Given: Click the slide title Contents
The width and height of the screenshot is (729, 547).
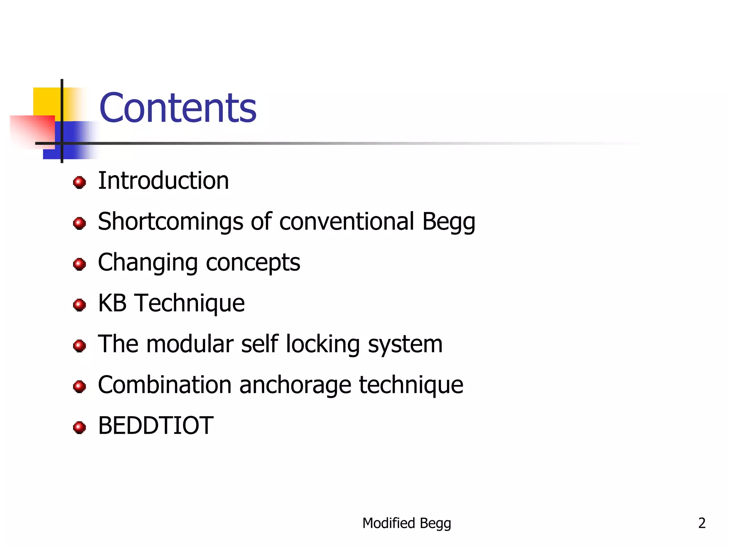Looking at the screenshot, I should pos(178,108).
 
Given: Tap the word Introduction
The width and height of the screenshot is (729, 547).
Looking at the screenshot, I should pos(163,181).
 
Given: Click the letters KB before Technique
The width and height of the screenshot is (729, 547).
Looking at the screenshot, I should pos(112,303).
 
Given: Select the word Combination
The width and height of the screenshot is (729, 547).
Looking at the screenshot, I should pos(164,385).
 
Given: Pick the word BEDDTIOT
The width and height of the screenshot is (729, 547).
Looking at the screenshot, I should pos(156,426).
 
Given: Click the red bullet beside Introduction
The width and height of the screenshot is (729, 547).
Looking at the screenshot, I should pos(79,182).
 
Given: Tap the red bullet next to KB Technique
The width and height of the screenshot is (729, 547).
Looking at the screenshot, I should pos(79,305).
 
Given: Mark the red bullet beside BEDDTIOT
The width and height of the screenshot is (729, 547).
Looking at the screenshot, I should pos(79,427).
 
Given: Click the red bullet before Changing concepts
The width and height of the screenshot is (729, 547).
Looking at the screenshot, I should pos(79,264).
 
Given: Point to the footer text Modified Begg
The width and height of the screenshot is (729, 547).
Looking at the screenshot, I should pos(407,523).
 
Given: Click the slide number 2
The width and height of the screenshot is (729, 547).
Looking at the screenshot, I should pos(702,523).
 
